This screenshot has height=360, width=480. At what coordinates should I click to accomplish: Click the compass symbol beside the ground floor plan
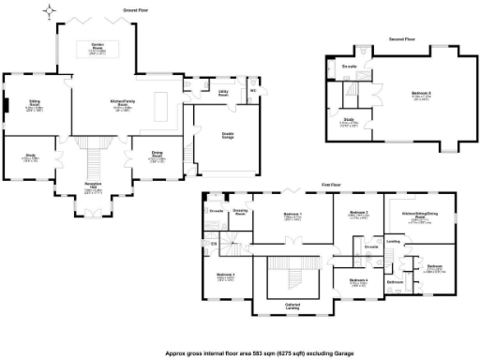[x=49, y=11]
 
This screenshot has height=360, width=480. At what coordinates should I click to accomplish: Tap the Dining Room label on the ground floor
[x=156, y=155]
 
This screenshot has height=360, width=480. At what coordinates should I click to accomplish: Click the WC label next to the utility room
[x=253, y=90]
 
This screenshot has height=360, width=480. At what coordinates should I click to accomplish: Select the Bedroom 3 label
[x=359, y=213]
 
